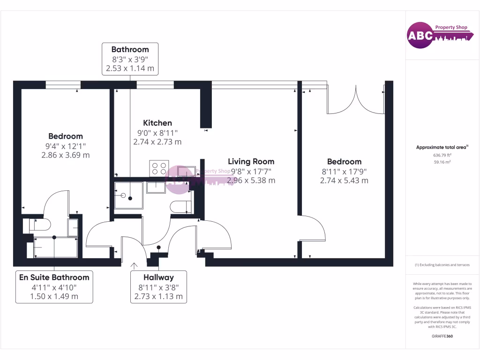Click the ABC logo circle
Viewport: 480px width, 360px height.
tap(420, 36)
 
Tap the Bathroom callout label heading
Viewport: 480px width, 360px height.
tap(130, 49)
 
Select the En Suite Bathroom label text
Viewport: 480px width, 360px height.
tap(54, 277)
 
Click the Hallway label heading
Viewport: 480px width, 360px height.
tap(158, 277)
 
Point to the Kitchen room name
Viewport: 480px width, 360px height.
tap(157, 123)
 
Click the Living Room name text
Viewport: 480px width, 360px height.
tap(251, 161)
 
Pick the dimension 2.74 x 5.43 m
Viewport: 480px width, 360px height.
tap(345, 180)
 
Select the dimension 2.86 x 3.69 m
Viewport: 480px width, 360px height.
tap(66, 155)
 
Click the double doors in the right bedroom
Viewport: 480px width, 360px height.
tap(356, 100)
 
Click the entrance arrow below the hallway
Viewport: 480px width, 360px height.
tap(134, 265)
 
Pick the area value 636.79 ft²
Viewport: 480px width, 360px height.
tap(442, 155)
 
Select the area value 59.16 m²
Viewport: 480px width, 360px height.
tap(442, 162)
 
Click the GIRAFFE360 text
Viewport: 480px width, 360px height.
tap(442, 336)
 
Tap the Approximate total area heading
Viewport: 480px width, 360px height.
tap(442, 147)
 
